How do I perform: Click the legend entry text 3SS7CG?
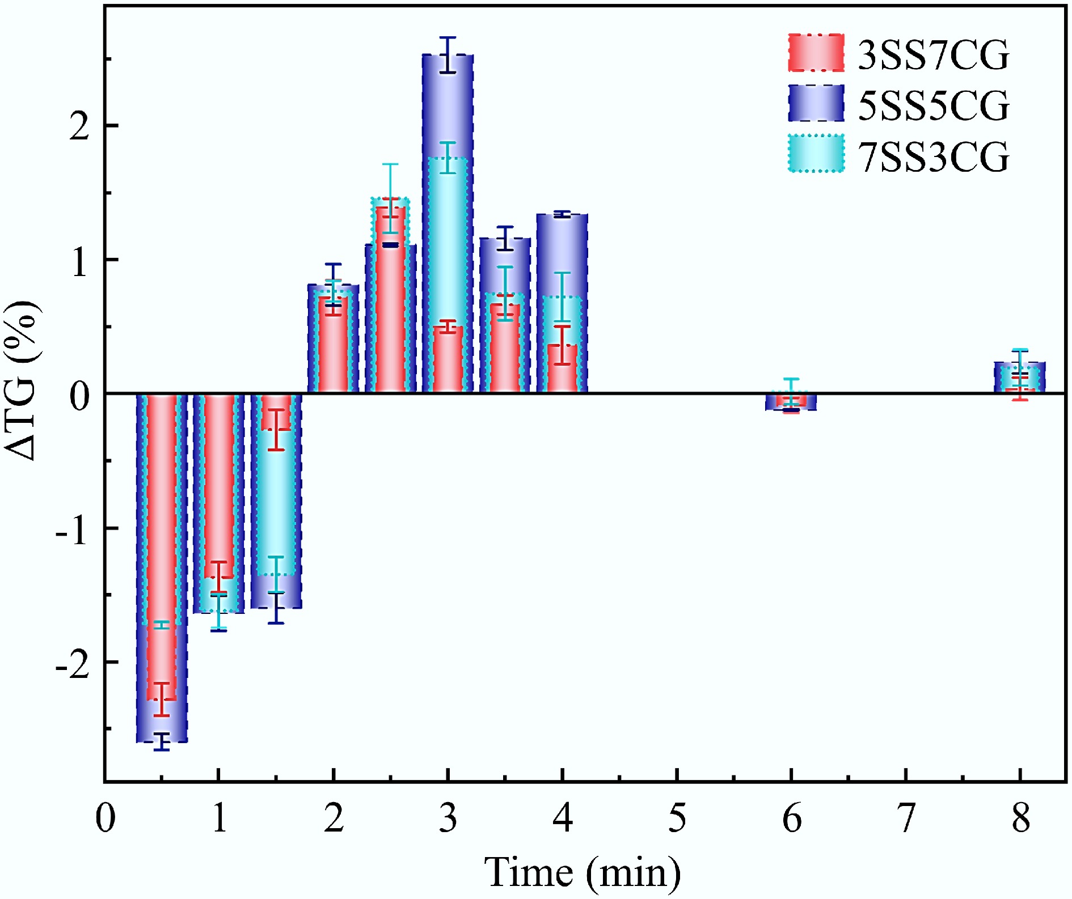coord(933,55)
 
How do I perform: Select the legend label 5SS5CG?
coord(933,105)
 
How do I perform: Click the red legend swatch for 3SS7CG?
coord(816,53)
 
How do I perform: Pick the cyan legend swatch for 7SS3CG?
coord(816,153)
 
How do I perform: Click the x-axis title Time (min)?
coord(582,871)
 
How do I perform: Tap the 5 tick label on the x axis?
coord(677,819)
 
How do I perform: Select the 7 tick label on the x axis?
coord(906,819)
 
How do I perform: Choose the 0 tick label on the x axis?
coord(105,819)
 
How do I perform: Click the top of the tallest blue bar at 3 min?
coord(448,56)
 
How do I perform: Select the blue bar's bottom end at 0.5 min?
coord(162,740)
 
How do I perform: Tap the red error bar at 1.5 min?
coord(276,430)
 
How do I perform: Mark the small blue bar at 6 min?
coord(791,402)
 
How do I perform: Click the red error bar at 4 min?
coord(562,345)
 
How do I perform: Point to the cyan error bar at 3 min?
coord(448,158)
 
